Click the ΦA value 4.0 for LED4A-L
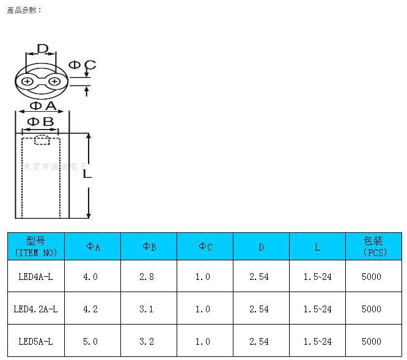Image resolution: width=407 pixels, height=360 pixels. (x=90, y=277)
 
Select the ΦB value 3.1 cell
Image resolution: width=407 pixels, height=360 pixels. (x=147, y=309)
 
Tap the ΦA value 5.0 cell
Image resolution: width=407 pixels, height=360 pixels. (x=90, y=342)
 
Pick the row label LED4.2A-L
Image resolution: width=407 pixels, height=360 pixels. (x=35, y=309)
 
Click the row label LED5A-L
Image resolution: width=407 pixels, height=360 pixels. (x=35, y=342)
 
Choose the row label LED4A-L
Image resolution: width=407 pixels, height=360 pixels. (x=35, y=277)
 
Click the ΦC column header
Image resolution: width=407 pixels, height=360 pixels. (x=205, y=247)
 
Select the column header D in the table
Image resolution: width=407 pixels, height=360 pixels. (x=261, y=247)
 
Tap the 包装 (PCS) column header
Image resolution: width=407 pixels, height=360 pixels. (x=373, y=246)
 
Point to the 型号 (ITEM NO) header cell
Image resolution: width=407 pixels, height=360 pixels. (x=35, y=246)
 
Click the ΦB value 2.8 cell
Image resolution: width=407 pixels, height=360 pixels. (x=147, y=277)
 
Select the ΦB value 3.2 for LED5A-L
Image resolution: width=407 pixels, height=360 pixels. (x=147, y=342)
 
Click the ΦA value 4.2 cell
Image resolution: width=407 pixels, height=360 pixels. (x=90, y=309)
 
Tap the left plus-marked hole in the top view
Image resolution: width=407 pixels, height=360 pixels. (x=28, y=82)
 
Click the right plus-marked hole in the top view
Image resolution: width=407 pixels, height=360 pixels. (x=54, y=82)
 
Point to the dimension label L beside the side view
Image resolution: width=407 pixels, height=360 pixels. (x=87, y=174)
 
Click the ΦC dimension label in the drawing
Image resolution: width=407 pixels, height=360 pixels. (x=82, y=65)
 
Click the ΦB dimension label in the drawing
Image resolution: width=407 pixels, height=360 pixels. (x=40, y=122)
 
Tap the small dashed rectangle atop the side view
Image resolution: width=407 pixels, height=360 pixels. (x=42, y=140)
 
